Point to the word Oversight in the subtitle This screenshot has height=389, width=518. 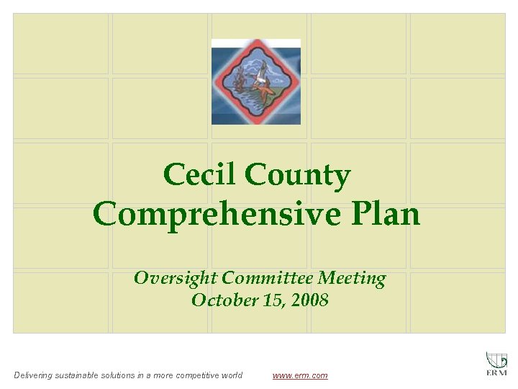point(176,278)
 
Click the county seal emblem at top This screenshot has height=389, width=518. point(256,81)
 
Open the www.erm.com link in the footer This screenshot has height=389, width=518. point(300,375)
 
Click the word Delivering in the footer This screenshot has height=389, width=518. point(33,375)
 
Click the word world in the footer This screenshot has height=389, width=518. point(230,375)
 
